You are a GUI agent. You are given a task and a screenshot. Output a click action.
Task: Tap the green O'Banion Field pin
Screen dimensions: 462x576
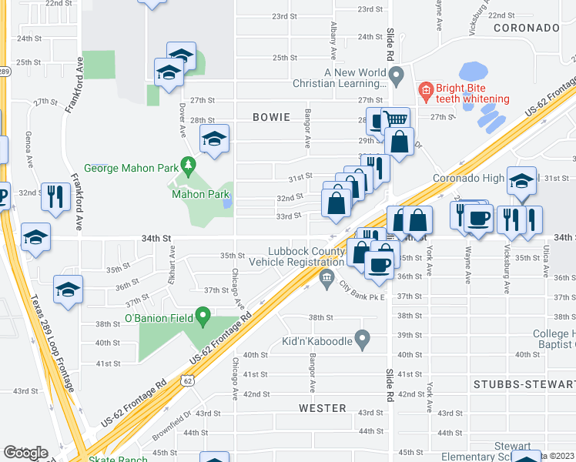click(203, 315)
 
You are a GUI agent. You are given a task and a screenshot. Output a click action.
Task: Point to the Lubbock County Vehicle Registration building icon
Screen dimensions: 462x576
click(327, 277)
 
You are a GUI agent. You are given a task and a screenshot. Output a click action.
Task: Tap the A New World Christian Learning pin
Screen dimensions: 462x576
click(397, 77)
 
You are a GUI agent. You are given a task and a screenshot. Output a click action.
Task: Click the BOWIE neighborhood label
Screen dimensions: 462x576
click(271, 117)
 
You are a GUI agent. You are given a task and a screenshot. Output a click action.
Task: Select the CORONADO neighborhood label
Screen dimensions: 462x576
click(526, 28)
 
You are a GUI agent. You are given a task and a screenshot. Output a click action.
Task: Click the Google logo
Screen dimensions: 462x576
click(25, 453)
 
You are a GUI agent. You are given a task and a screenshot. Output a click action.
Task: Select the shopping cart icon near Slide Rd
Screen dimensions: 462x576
click(395, 119)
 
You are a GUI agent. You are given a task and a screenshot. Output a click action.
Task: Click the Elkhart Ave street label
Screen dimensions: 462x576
click(173, 257)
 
